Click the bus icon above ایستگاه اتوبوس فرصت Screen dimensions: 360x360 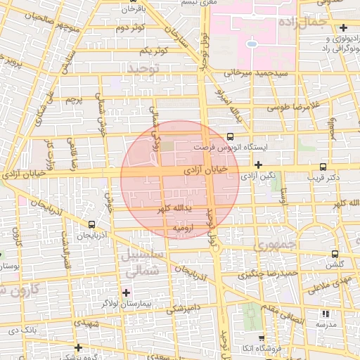(x=231, y=138)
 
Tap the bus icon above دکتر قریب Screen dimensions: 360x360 (x=323, y=167)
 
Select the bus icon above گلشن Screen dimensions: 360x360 (x=335, y=254)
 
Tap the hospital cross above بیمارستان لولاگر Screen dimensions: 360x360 (x=127, y=292)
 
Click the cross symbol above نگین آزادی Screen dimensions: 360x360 (x=259, y=165)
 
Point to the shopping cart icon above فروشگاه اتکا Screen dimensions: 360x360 (x=261, y=339)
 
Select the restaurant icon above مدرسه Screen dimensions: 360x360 (x=325, y=314)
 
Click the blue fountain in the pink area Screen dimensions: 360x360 (x=251, y=44)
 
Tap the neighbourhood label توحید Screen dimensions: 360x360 (x=144, y=68)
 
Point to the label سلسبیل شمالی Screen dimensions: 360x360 (x=142, y=262)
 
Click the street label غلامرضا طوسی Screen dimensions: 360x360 (x=293, y=106)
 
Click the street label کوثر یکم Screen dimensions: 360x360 (x=153, y=51)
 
